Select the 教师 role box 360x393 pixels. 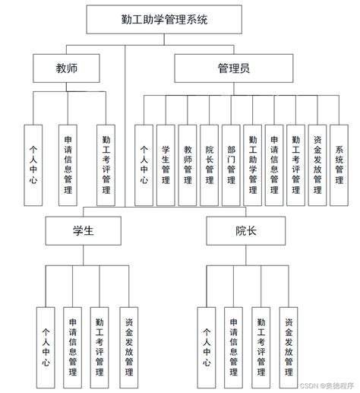point(66,69)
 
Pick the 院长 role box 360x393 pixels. point(245,231)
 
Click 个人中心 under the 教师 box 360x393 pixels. point(34,163)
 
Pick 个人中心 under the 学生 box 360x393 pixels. point(47,347)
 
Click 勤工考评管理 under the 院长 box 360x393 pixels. point(261,347)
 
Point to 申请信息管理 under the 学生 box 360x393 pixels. point(73,347)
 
